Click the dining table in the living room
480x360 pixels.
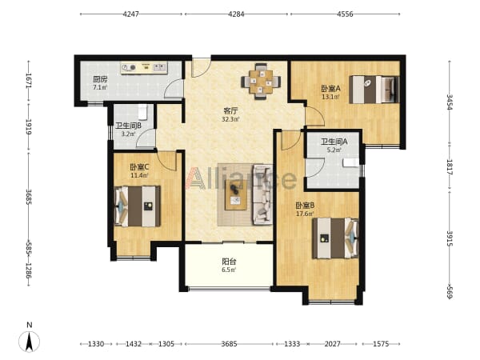pyautogui.click(x=261, y=82)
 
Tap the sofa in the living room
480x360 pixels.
pyautogui.click(x=262, y=194)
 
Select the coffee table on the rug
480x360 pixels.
pyautogui.click(x=236, y=195)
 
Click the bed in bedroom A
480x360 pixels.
pyautogui.click(x=374, y=90)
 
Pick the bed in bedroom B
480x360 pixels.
pyautogui.click(x=335, y=238)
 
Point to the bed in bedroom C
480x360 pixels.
pyautogui.click(x=137, y=206)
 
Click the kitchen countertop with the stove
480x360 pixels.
pyautogui.click(x=144, y=68)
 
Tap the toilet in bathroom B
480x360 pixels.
pyautogui.click(x=143, y=112)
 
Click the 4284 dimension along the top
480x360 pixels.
pyautogui.click(x=236, y=14)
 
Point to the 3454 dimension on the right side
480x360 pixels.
pyautogui.click(x=449, y=102)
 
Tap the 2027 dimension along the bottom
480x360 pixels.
pyautogui.click(x=332, y=344)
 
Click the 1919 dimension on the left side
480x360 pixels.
pyautogui.click(x=29, y=127)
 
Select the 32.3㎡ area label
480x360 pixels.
pyautogui.click(x=230, y=119)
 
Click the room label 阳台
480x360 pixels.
pyautogui.click(x=229, y=262)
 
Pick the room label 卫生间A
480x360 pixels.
pyautogui.click(x=334, y=142)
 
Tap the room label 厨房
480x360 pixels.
pyautogui.click(x=100, y=79)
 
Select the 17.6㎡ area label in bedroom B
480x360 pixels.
pyautogui.click(x=305, y=214)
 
